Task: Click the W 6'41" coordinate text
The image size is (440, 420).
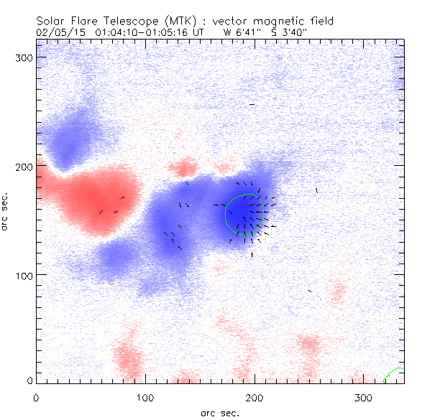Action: pos(239,32)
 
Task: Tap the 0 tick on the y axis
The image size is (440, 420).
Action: pos(29,381)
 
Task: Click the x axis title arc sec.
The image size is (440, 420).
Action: pos(219,412)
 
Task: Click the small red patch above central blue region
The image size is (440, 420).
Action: pos(185,169)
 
